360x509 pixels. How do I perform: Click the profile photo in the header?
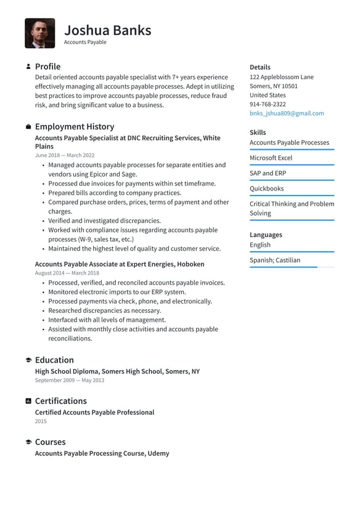coord(39,33)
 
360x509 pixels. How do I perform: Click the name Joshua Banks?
coord(107,30)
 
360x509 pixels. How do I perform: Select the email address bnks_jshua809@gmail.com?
coord(286,114)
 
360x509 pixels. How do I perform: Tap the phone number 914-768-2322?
coord(268,104)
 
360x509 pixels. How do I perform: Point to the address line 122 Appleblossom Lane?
coord(281,77)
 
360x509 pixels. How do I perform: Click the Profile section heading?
coord(47,67)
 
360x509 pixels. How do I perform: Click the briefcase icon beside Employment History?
coord(28,126)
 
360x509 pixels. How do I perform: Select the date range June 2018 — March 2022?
coord(65,155)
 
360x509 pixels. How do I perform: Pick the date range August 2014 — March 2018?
coord(67,273)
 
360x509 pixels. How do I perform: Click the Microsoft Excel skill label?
coord(271,158)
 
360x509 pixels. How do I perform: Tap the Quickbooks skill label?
coord(266,189)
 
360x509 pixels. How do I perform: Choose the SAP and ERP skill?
coord(268,173)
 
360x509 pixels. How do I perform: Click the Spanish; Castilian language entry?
coord(275,260)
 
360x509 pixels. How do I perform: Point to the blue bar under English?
coord(292,252)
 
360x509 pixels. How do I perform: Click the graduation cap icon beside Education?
coord(28,360)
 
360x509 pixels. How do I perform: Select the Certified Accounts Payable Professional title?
coord(94,412)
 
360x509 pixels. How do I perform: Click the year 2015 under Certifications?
coord(41,421)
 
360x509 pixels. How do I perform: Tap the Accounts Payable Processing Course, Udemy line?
coord(102,453)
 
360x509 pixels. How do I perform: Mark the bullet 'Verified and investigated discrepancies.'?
coord(104,221)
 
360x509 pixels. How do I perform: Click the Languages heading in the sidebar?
coord(266,235)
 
